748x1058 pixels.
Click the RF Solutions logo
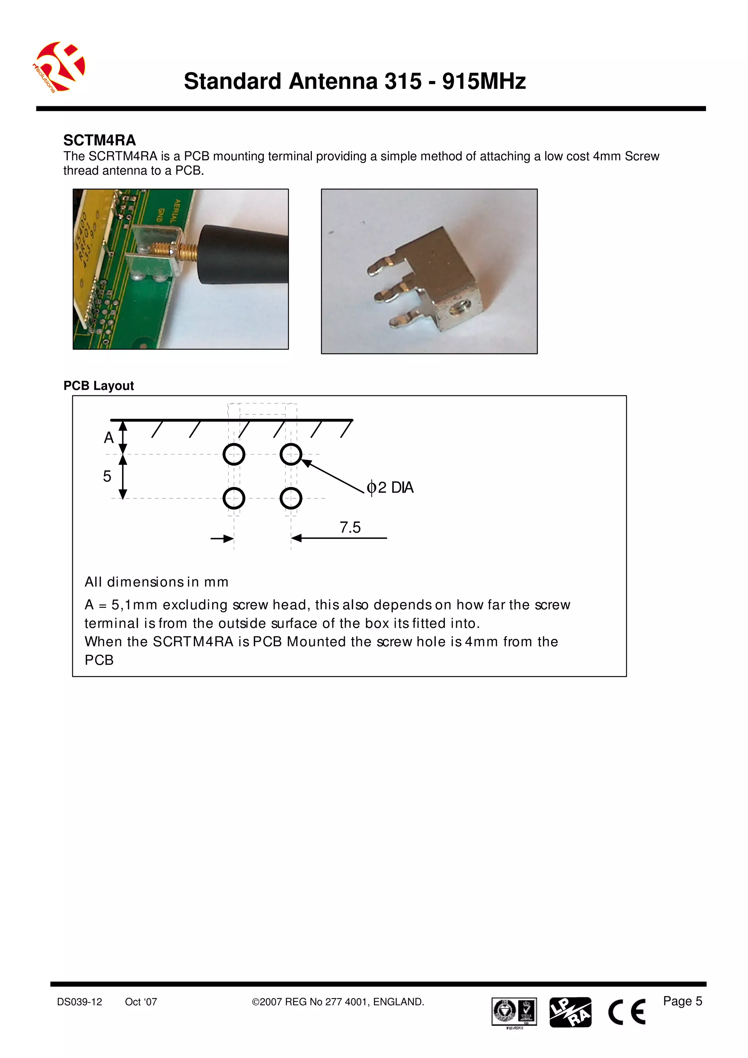coord(60,67)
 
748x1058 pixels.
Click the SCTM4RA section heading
coord(100,140)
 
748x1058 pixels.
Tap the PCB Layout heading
coord(99,386)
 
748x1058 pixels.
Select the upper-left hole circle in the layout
coord(234,455)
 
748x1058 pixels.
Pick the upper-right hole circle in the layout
coord(291,455)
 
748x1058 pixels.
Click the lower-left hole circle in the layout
coord(234,498)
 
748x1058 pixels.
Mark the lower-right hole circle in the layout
coord(291,498)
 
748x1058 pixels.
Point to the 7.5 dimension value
coord(350,527)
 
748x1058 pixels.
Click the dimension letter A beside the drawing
coord(109,438)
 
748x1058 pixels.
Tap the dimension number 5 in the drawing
coord(107,476)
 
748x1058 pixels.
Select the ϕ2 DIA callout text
coord(390,487)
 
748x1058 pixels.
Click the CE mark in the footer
coord(627,1012)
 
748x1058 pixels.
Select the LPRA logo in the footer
coord(570,1012)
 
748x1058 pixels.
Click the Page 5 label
coord(682,1001)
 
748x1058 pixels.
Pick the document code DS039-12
coord(80,1002)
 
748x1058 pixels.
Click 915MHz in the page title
coord(484,81)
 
